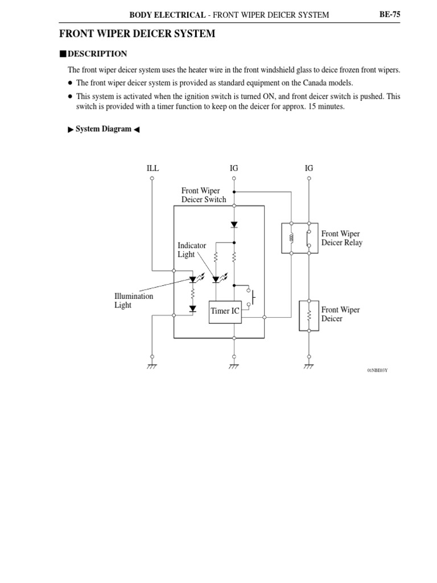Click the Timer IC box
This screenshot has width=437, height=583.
coord(225,311)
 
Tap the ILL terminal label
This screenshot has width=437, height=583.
coord(152,168)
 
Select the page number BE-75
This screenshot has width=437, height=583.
coord(390,14)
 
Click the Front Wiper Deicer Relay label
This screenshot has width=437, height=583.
coord(341,238)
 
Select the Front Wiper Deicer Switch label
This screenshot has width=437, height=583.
coord(203,195)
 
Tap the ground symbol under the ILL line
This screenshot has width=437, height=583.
coord(151,366)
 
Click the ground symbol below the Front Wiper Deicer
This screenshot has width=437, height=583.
coord(308,366)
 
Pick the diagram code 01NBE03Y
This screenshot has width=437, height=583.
coord(377,371)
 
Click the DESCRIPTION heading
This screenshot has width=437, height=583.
coord(97,54)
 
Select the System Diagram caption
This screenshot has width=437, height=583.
coord(104,129)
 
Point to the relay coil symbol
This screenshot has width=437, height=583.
coord(291,237)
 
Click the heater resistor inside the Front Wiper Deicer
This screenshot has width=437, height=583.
coord(308,315)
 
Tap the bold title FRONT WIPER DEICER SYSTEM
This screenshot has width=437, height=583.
coord(137,34)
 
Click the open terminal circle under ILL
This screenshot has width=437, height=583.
coord(152,178)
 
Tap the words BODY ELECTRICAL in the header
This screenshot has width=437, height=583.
coord(167,15)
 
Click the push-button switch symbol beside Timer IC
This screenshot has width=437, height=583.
coord(252,297)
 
